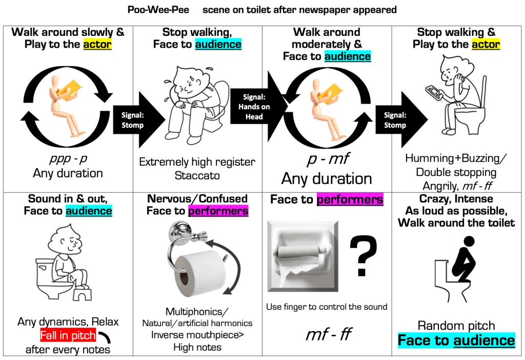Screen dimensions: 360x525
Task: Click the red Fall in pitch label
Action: [x=68, y=336]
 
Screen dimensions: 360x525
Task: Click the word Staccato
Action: [x=197, y=175]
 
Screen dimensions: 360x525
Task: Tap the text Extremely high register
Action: [x=197, y=162]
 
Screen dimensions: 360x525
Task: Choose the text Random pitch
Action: [x=456, y=326]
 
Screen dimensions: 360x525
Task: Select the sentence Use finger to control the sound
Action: [x=327, y=307]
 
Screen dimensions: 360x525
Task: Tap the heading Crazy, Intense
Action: [x=456, y=198]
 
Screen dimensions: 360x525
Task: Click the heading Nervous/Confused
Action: [x=197, y=198]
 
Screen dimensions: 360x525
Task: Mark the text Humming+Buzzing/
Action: [x=456, y=158]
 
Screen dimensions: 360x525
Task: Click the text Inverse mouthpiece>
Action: [x=197, y=335]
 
